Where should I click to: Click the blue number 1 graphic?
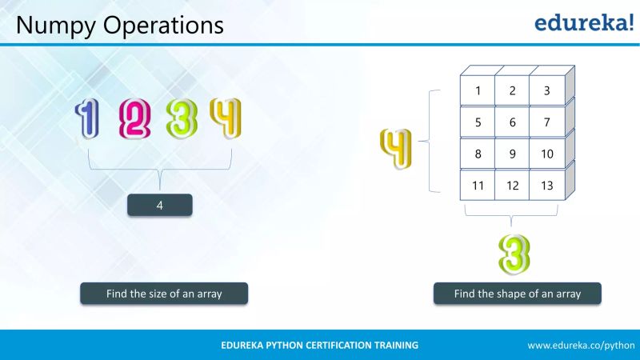click(x=87, y=118)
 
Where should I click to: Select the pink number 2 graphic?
click(x=134, y=118)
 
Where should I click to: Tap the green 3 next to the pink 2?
click(x=182, y=118)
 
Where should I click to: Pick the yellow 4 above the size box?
click(x=225, y=117)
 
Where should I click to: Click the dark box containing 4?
click(x=160, y=206)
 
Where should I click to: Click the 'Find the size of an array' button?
click(x=164, y=294)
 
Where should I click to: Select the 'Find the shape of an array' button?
click(x=518, y=294)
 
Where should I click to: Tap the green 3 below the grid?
click(x=514, y=254)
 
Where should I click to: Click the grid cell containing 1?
click(x=478, y=90)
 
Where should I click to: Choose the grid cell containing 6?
click(x=512, y=122)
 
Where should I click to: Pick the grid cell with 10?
click(x=546, y=154)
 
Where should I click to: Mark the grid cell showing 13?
click(x=546, y=186)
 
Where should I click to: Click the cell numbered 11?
click(x=478, y=186)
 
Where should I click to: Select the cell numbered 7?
click(x=546, y=122)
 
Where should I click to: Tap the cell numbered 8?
click(x=478, y=154)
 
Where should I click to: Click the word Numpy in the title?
click(x=50, y=26)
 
